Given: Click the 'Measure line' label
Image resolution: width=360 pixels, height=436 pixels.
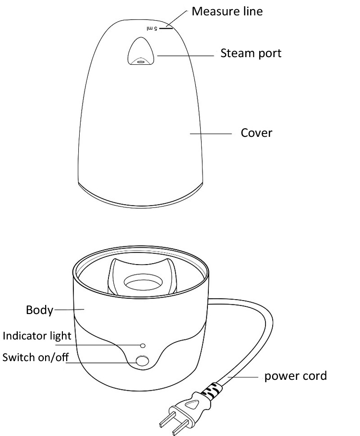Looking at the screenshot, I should pos(227,11).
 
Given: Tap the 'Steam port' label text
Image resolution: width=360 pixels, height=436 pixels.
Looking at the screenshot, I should pos(251,53).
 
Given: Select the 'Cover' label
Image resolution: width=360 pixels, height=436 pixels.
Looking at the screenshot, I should pos(256,133).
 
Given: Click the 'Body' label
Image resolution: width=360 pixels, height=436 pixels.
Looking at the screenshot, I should pos(39,310).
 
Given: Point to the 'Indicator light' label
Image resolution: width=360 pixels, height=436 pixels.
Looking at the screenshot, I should pos(37,336).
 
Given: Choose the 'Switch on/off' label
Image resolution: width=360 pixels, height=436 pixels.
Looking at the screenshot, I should pos(33,357).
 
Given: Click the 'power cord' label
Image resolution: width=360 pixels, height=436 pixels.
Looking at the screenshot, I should pos(295,375).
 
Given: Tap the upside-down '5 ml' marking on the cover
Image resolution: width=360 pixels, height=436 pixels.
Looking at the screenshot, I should pos(152,29).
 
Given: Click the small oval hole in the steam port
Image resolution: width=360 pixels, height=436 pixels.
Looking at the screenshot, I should pos(141,61).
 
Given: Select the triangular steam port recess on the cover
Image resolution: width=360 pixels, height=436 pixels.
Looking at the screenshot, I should pos(141,52).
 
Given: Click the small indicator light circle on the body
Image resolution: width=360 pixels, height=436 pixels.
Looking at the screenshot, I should pos(142,345).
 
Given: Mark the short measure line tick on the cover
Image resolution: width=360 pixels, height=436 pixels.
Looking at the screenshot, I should pos(165,28).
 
